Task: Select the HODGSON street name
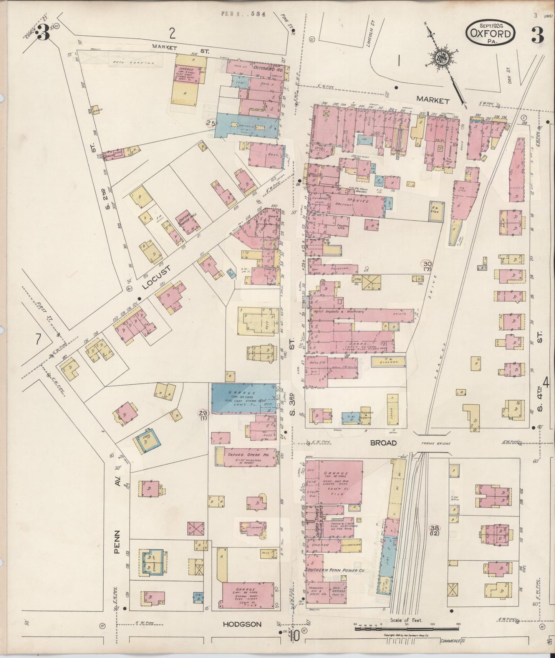[242, 625]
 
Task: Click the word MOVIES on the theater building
[358, 201]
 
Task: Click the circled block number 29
[203, 412]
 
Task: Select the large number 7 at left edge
[38, 339]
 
